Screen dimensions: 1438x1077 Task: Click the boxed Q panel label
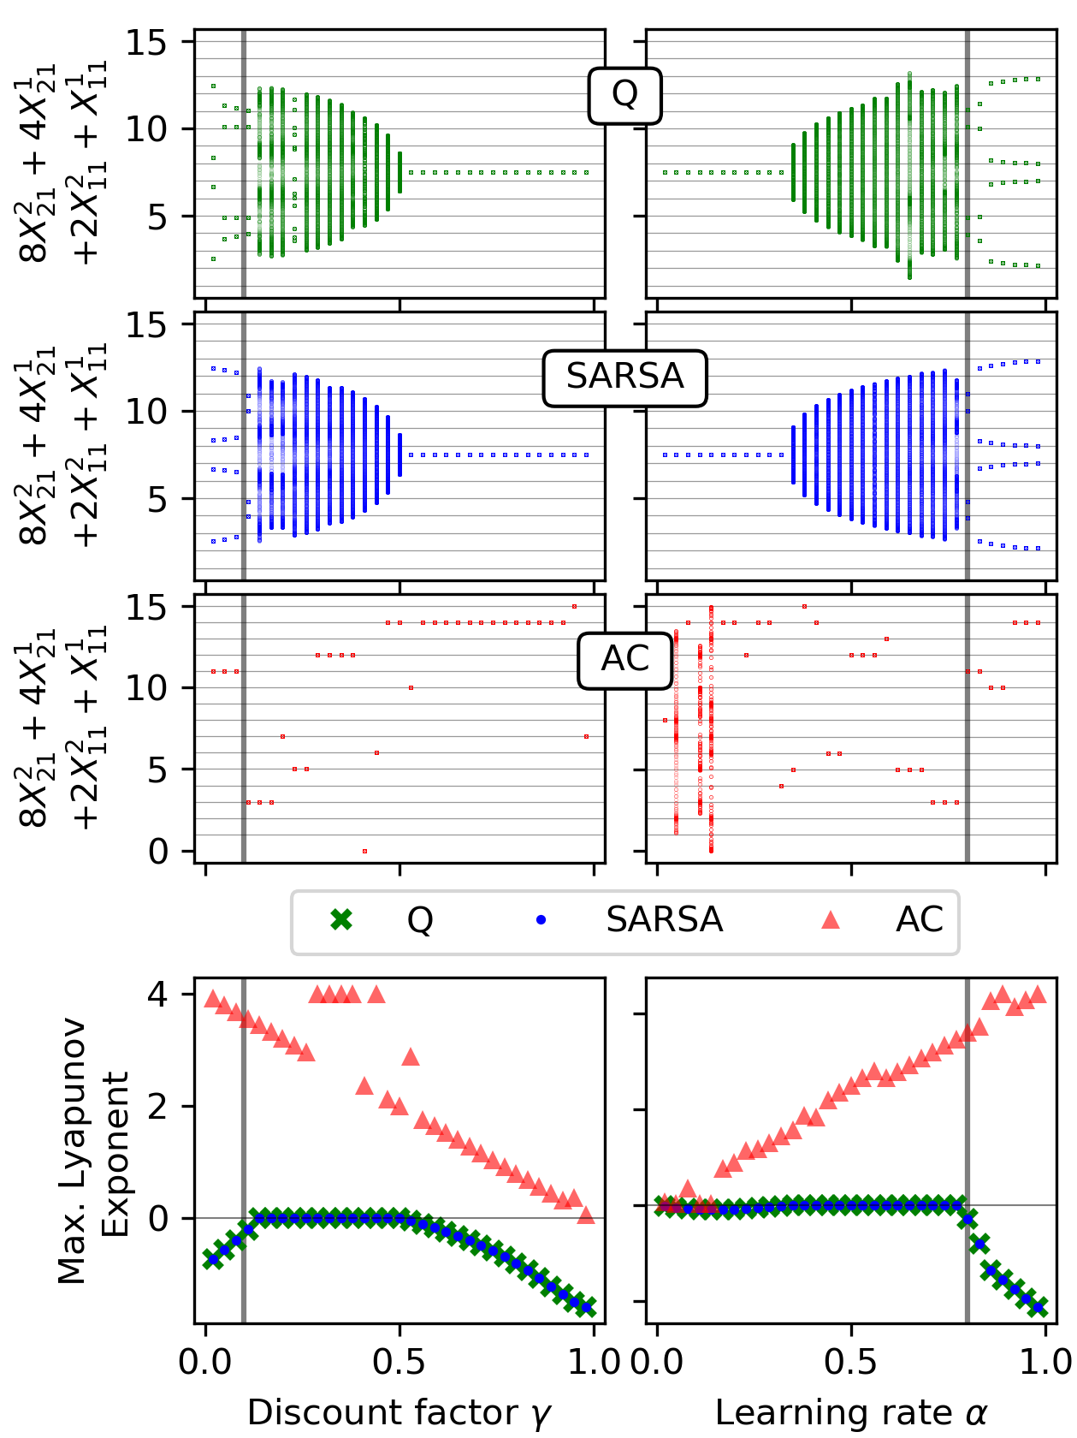[624, 95]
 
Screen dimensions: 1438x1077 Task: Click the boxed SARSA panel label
[624, 377]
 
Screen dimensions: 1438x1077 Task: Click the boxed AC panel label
[624, 660]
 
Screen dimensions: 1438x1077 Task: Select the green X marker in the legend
[341, 920]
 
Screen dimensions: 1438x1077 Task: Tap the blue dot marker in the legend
[540, 921]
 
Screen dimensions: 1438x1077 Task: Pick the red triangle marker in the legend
[830, 920]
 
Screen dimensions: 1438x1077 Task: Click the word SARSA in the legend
[665, 920]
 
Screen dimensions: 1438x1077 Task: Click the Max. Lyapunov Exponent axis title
[94, 1151]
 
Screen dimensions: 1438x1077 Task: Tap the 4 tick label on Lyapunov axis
[159, 995]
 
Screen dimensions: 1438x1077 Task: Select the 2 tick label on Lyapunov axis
[159, 1106]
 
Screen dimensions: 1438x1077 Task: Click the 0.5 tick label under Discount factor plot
[399, 1362]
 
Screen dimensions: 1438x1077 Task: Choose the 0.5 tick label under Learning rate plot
[851, 1362]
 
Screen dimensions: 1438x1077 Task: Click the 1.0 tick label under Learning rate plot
[1045, 1362]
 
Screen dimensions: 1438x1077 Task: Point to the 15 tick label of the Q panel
[147, 42]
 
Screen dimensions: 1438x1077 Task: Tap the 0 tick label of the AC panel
[159, 852]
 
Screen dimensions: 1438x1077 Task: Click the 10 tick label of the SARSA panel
[147, 412]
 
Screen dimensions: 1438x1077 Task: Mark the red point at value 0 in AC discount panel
[364, 851]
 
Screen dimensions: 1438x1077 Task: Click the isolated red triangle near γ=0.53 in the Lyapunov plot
[411, 1057]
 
